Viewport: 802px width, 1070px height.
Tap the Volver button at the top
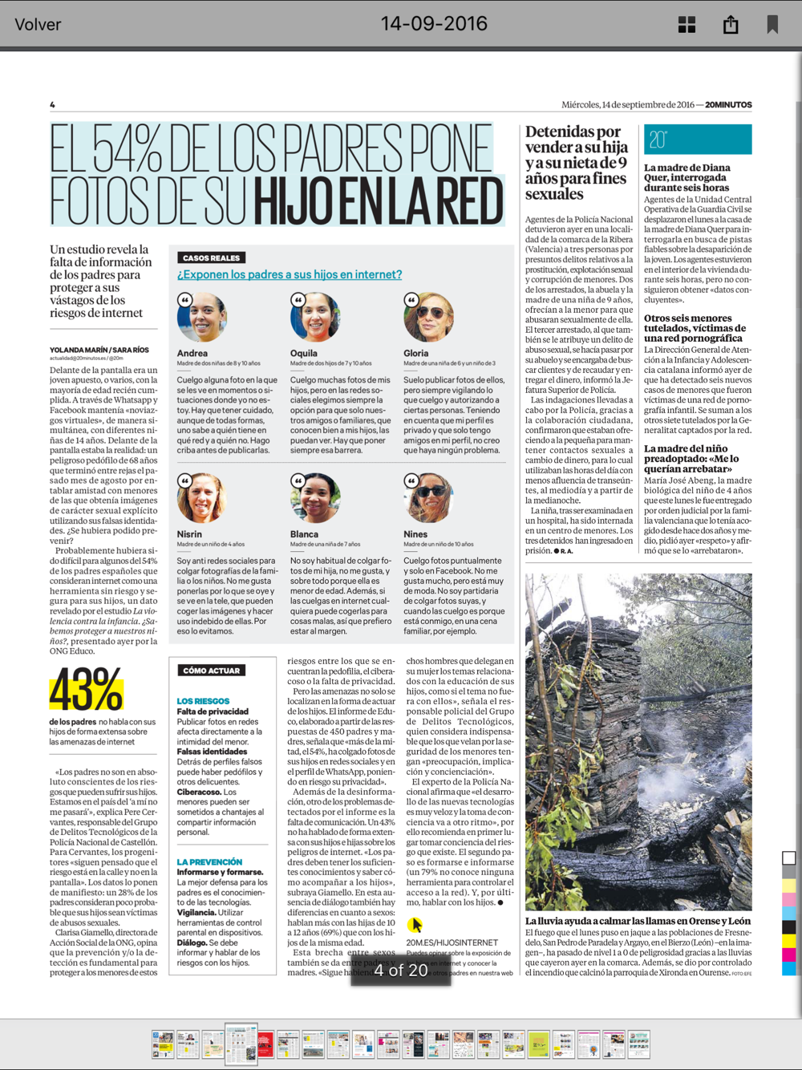pos(38,24)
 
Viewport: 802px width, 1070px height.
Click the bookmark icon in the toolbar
pos(772,24)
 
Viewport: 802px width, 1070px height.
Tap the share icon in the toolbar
pos(731,24)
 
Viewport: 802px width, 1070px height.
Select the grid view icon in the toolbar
pos(687,24)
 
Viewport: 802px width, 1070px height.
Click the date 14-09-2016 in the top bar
pos(434,23)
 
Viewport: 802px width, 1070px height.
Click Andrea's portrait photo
pos(202,317)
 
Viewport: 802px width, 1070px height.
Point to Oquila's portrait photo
pos(315,317)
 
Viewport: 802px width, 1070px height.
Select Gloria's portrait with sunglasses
pos(429,317)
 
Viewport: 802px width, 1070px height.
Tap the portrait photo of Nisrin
pos(202,498)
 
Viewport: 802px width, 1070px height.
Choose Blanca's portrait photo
pos(315,498)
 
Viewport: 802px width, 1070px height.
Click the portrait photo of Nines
pos(429,498)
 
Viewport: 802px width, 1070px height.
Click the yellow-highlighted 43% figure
pos(87,689)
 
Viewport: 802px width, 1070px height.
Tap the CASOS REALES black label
pos(211,257)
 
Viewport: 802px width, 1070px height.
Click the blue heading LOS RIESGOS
pos(203,701)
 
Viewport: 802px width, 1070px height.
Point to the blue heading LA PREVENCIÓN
pos(209,861)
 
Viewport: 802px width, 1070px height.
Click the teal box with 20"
pos(698,140)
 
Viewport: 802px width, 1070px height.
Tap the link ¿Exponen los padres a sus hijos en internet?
pos(290,274)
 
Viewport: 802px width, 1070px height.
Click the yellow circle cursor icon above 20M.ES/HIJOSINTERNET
pos(415,925)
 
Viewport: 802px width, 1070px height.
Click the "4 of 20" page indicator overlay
pos(401,970)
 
